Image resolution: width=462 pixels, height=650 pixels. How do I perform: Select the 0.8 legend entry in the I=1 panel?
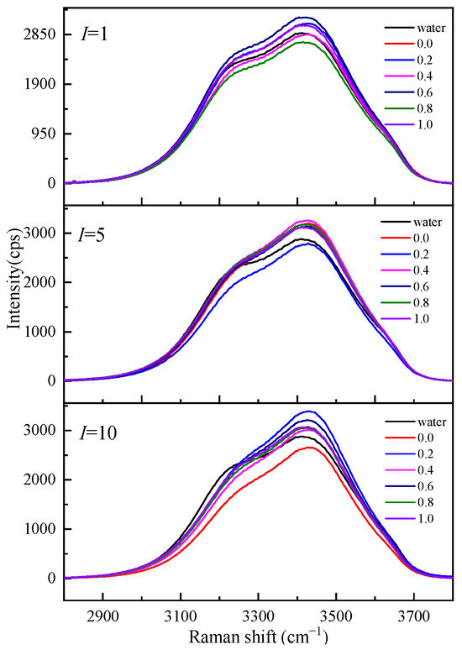(402, 108)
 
